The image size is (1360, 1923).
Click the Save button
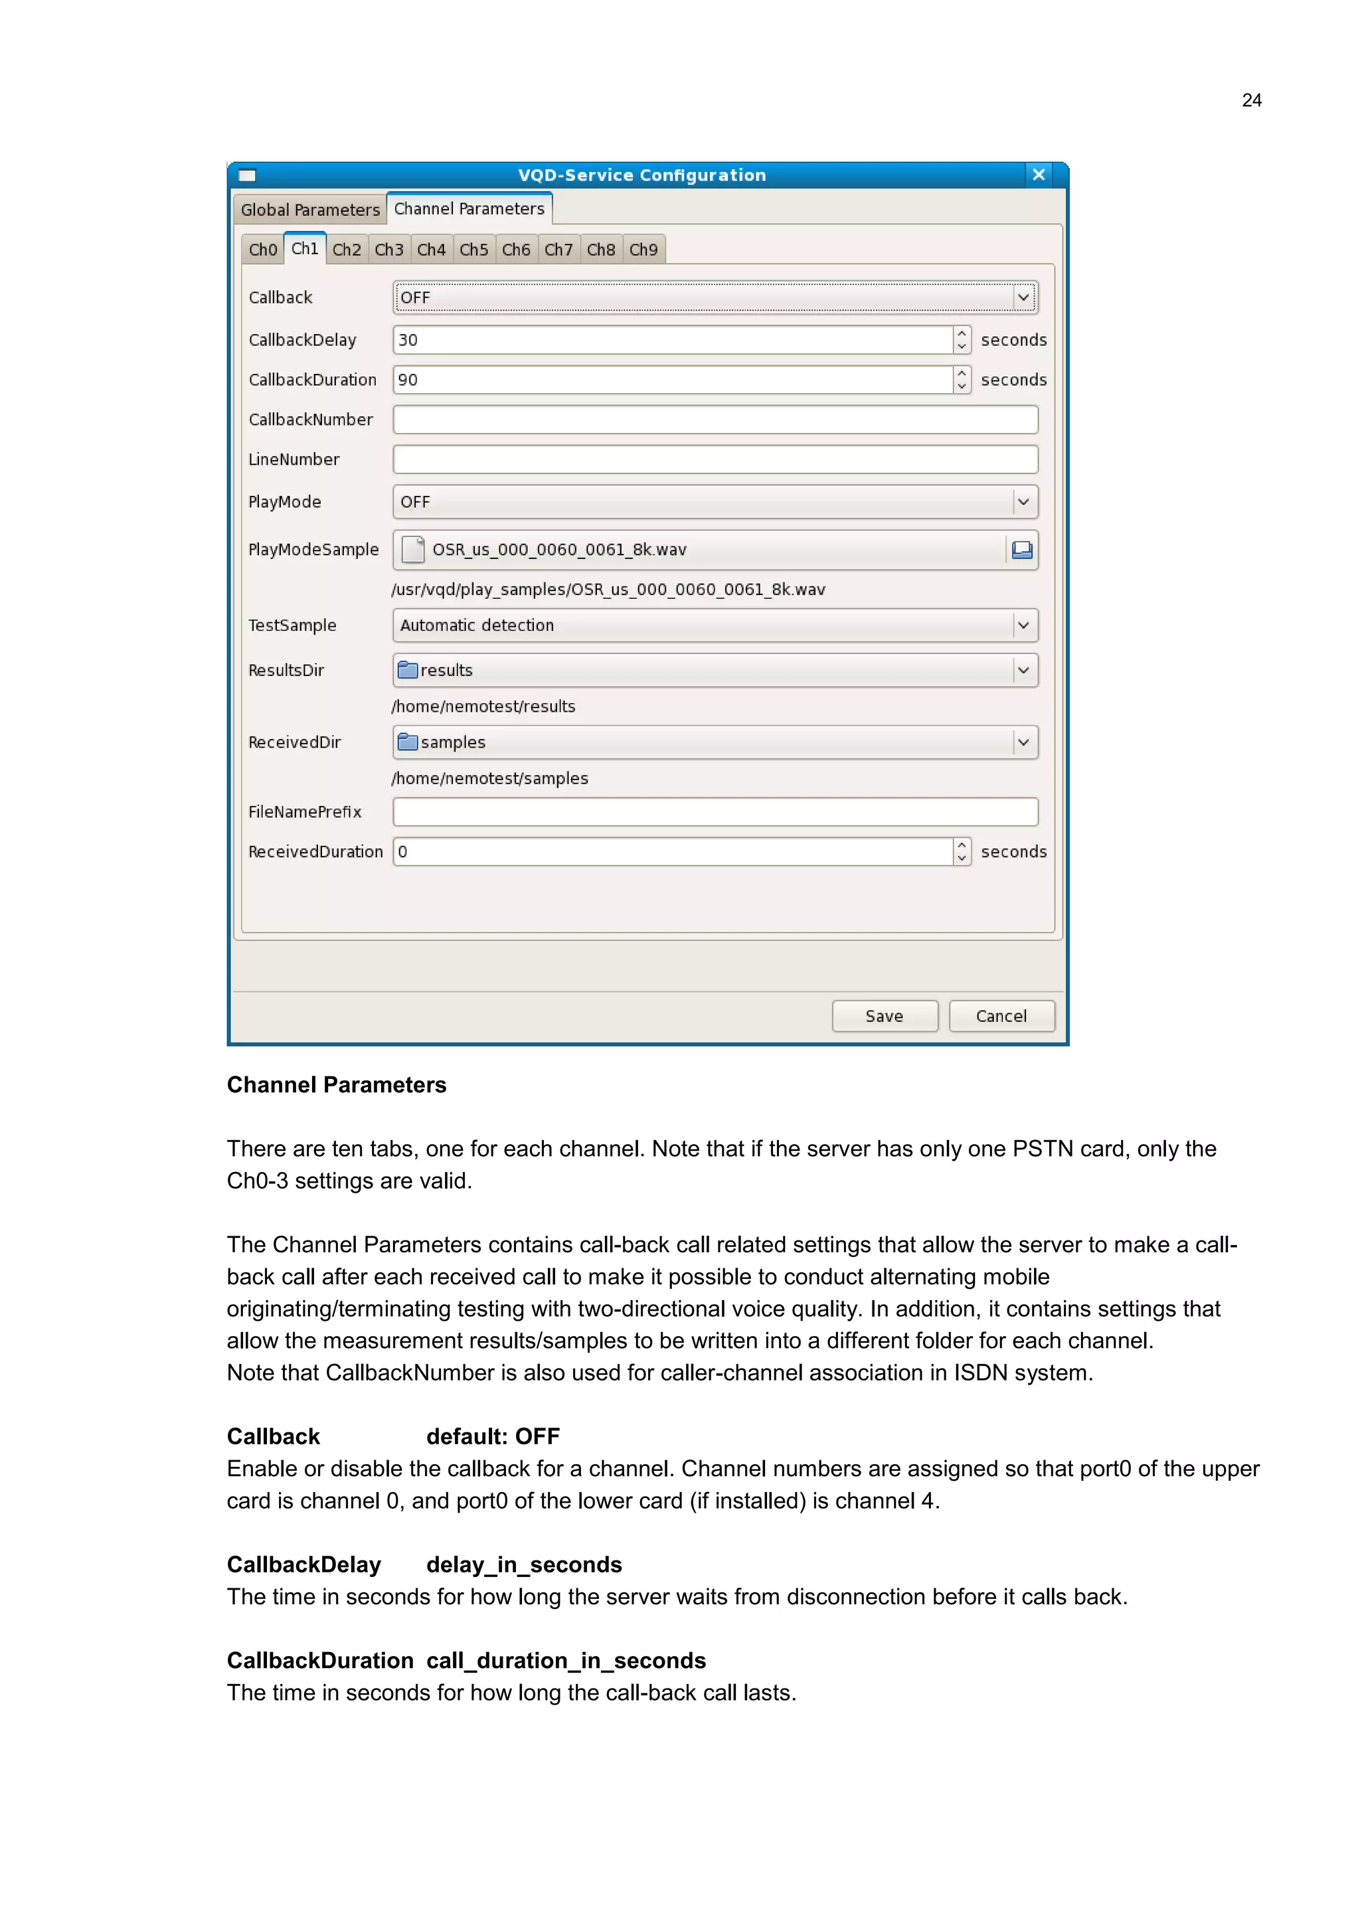coord(885,1016)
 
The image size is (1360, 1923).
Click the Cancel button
coord(1001,1016)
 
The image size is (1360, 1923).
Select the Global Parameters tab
coord(310,209)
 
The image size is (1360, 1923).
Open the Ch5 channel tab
coord(474,250)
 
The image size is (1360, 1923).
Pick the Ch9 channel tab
coord(643,250)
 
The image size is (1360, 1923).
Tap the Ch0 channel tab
coord(262,250)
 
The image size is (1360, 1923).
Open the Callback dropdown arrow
coord(1023,297)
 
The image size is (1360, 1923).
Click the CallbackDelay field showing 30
coord(670,340)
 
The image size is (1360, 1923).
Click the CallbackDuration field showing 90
coord(670,379)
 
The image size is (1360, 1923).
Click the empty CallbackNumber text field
coord(715,420)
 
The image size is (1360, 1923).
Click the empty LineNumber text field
coord(715,459)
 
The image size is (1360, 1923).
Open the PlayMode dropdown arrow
coord(1023,502)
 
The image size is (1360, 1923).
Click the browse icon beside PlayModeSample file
coord(1022,549)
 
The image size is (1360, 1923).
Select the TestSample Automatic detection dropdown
coord(703,625)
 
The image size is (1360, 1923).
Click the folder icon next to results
coord(408,670)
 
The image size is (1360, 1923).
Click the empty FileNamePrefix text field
coord(715,811)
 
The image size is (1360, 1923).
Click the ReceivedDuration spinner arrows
coord(962,851)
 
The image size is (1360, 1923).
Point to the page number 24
coord(1251,100)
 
